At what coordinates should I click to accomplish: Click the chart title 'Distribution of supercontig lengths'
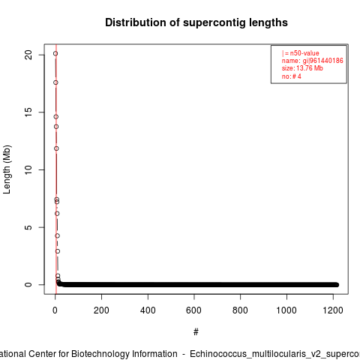(196, 22)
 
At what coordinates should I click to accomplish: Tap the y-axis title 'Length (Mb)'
(7, 169)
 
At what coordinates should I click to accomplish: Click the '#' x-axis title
(196, 332)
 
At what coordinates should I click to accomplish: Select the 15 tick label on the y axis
(28, 112)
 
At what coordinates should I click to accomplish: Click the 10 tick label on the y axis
(28, 169)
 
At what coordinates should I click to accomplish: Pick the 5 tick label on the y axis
(28, 227)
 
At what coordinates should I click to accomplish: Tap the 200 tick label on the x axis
(101, 310)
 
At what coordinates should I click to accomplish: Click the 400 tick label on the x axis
(148, 310)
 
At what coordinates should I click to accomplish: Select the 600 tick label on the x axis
(193, 310)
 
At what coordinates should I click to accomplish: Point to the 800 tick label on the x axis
(240, 310)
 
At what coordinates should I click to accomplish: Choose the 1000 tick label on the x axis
(286, 310)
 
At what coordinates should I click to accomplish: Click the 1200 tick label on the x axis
(333, 310)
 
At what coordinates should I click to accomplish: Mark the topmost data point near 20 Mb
(55, 53)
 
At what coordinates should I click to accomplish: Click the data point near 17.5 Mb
(55, 82)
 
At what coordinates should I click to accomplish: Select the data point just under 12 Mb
(56, 148)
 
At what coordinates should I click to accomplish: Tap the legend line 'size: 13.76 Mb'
(302, 68)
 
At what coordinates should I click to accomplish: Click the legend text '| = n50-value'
(301, 53)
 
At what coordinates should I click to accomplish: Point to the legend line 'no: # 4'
(292, 76)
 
